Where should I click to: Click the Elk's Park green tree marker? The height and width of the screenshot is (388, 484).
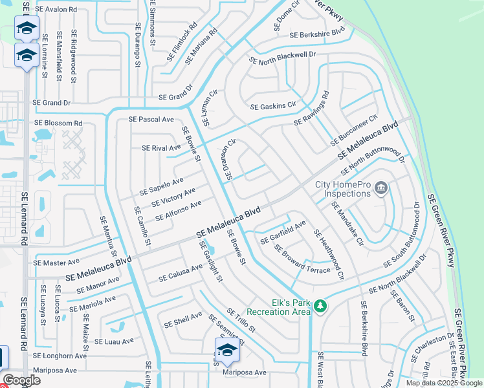tap(319, 305)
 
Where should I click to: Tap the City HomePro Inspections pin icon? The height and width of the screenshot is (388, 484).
tap(380, 189)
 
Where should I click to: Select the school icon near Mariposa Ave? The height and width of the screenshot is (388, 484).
tap(227, 350)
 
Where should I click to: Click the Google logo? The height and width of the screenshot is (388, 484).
tap(21, 380)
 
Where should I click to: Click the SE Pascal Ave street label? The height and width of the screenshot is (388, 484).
tap(151, 120)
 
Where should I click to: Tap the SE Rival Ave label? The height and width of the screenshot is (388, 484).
tap(161, 148)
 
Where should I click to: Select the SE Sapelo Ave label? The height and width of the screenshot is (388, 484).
tap(162, 186)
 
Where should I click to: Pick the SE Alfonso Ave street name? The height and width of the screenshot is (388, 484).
tap(179, 211)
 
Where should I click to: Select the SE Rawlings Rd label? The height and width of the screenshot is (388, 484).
tap(311, 109)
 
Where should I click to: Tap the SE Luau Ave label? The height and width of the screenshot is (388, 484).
tap(114, 341)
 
